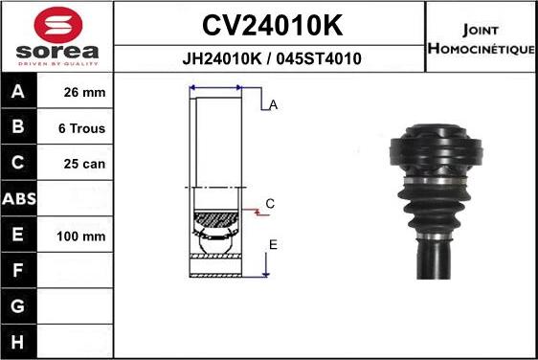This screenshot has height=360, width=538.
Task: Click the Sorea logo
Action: (x=56, y=36)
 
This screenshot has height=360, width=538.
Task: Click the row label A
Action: (x=19, y=93)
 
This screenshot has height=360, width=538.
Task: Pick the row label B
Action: (x=19, y=128)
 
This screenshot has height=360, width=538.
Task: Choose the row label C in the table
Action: (x=19, y=164)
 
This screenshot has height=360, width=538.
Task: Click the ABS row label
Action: (x=19, y=199)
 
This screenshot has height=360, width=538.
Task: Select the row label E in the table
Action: (x=19, y=235)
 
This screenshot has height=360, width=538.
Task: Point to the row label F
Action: (x=19, y=270)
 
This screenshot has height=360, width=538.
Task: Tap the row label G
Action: (x=19, y=305)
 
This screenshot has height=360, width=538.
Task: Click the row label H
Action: (x=19, y=341)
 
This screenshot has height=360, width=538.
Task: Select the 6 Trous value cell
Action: (x=81, y=128)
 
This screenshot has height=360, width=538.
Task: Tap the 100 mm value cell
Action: (x=81, y=235)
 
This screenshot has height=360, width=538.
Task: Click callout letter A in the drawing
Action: (x=273, y=106)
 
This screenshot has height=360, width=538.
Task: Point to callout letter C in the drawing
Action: (x=270, y=204)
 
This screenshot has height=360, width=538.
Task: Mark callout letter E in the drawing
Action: (x=273, y=246)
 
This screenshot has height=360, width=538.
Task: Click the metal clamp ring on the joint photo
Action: (x=436, y=180)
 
